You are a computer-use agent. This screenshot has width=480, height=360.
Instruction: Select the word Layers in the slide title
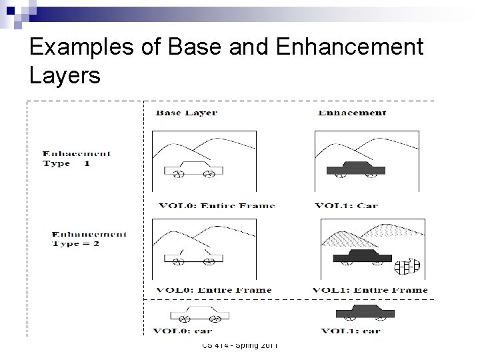tap(65, 76)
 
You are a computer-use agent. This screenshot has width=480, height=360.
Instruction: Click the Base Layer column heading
tap(187, 113)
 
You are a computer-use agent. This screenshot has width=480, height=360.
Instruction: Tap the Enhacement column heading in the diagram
tap(351, 113)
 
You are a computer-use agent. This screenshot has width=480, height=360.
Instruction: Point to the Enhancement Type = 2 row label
tap(89, 238)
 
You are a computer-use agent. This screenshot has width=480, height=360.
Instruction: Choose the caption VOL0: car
tap(183, 330)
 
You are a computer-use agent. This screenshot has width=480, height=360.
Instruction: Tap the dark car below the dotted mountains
tap(357, 257)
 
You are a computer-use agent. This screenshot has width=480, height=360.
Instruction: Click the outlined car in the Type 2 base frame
tap(193, 256)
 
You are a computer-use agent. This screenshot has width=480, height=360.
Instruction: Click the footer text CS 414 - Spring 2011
tap(240, 345)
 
